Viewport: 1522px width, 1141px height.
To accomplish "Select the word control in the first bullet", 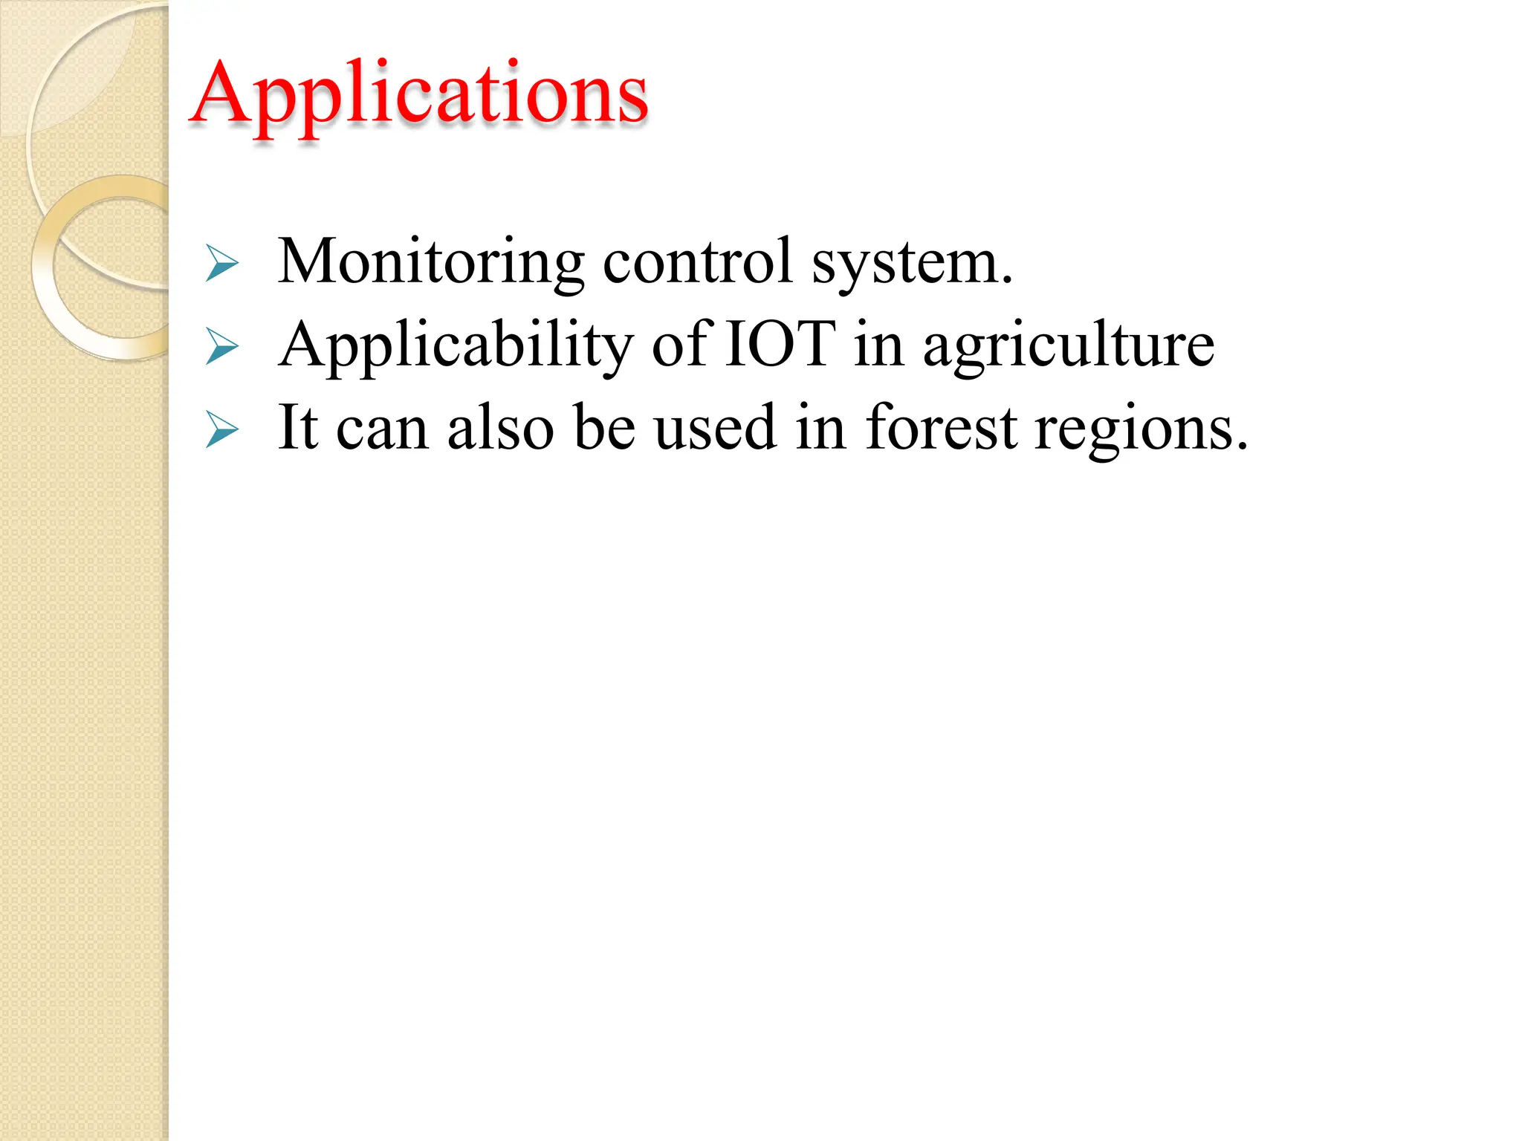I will (x=698, y=262).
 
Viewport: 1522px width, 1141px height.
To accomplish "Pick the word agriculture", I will (x=1069, y=346).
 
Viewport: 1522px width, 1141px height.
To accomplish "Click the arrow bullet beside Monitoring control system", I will (x=221, y=264).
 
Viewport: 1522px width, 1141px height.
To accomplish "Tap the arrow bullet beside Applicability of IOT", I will (x=221, y=347).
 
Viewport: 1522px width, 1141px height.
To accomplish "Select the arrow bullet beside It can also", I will (x=221, y=430).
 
